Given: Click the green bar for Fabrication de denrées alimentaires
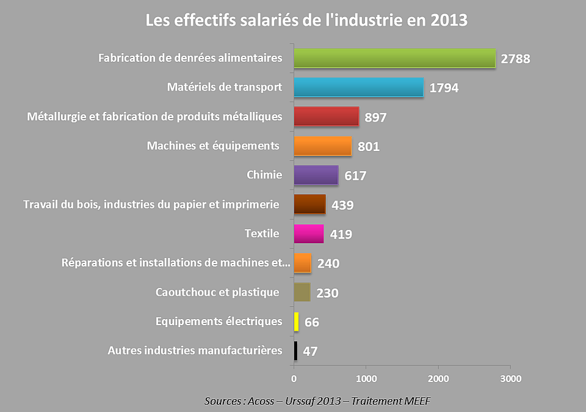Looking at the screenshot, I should [x=394, y=58].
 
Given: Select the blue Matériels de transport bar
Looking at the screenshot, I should [x=358, y=87].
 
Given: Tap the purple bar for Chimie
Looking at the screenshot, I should [x=316, y=175].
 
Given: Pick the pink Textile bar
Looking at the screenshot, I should [x=308, y=234].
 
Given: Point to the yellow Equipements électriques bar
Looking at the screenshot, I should [x=297, y=322].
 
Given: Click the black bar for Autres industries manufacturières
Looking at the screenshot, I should [x=295, y=351].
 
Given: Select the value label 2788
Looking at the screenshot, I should [x=515, y=59].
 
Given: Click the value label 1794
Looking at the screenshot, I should [x=444, y=88].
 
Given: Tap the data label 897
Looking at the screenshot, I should [x=375, y=117].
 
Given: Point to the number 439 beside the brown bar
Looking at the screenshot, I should [x=342, y=205].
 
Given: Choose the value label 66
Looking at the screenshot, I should [x=311, y=322].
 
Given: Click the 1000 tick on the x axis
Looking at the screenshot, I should [x=366, y=379].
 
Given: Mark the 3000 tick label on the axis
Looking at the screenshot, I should [x=510, y=379].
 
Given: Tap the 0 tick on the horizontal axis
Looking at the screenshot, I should [x=294, y=379].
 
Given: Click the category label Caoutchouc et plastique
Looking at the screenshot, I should [x=217, y=292].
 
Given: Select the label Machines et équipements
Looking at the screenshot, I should [x=213, y=145].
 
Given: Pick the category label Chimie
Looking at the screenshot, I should [x=264, y=175].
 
